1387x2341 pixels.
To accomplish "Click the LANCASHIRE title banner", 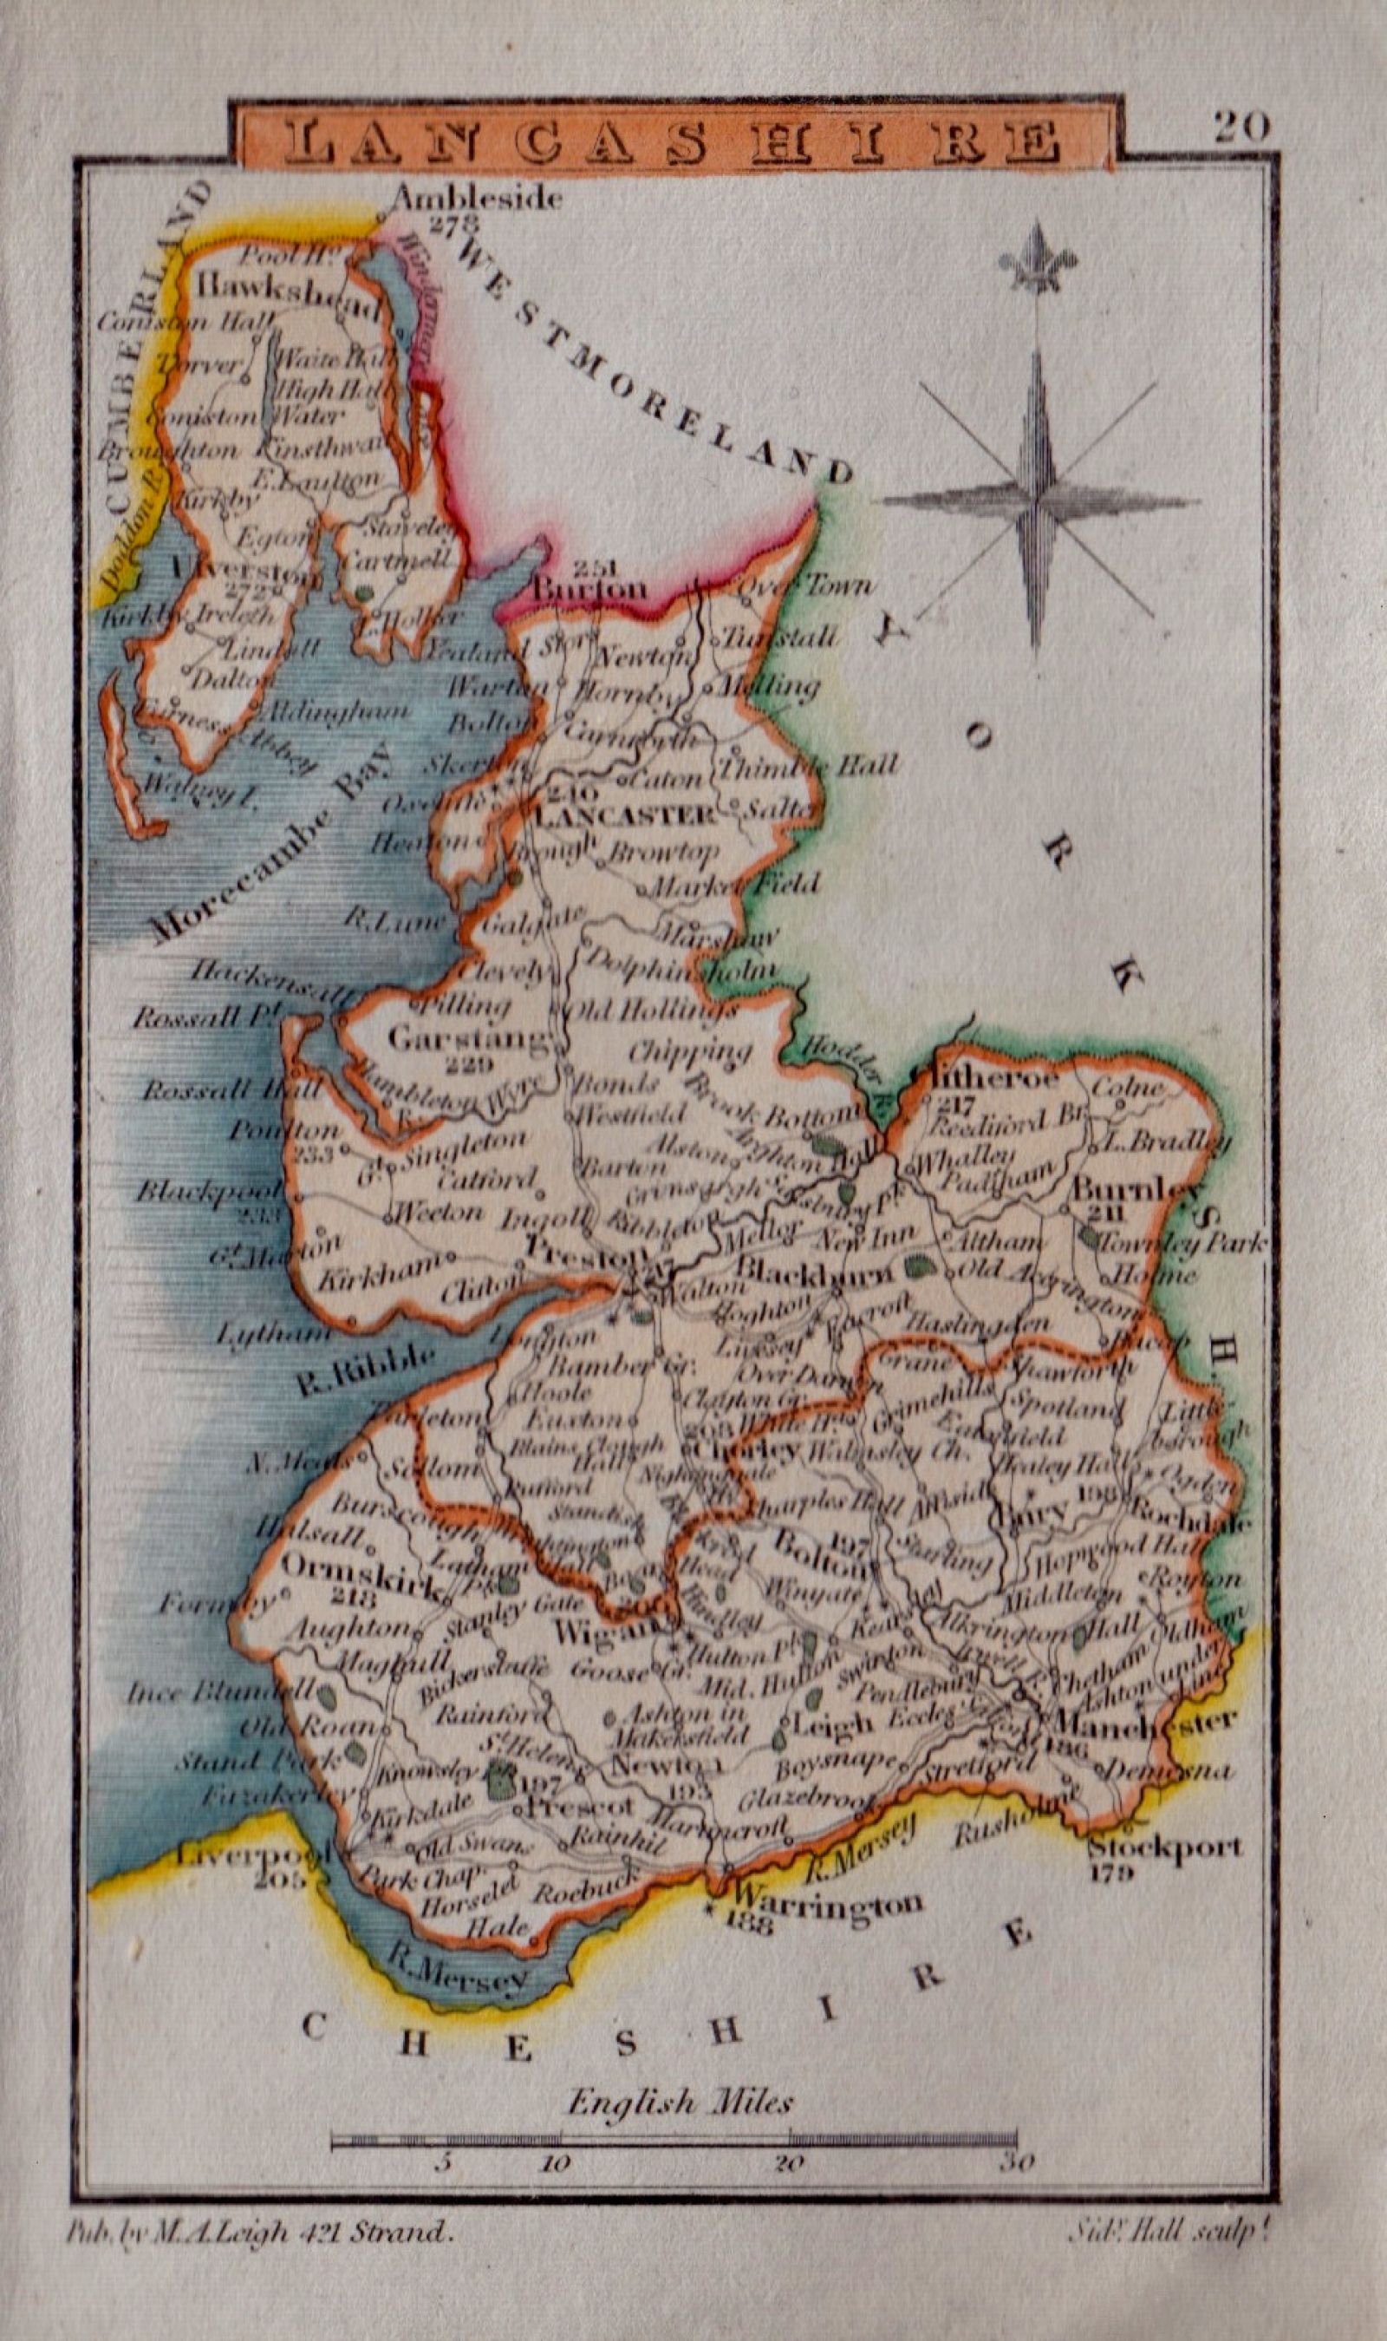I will pos(673,141).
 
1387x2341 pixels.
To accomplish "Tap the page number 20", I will pos(1243,127).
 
